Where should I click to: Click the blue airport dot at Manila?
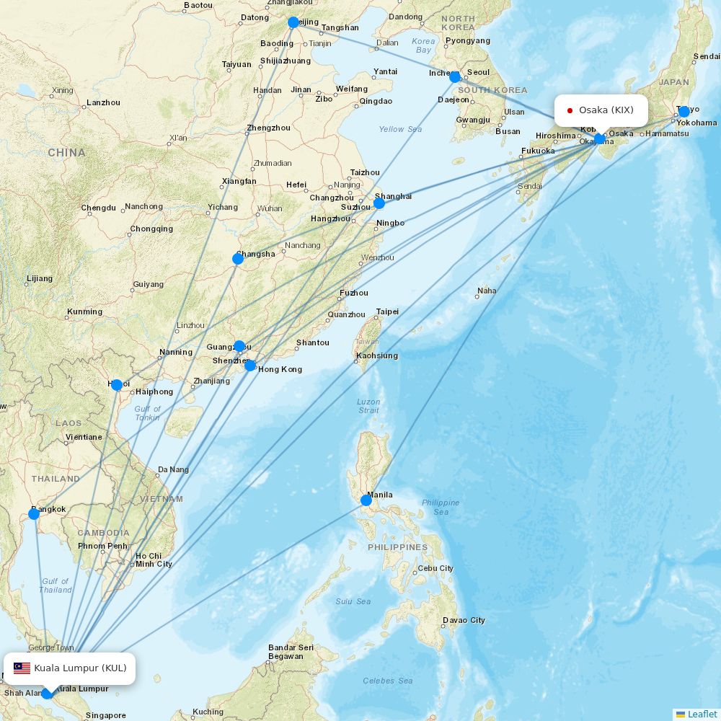pos(366,500)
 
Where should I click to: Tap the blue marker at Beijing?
pos(293,22)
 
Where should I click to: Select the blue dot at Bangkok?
pos(34,514)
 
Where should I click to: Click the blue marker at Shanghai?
pos(379,203)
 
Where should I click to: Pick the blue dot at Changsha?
pos(238,259)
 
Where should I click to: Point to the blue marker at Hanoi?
pos(117,385)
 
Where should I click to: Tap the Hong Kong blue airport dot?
pos(250,366)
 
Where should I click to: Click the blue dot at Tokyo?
pos(684,112)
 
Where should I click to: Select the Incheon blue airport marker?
pos(455,76)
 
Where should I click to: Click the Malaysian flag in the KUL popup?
pos(22,668)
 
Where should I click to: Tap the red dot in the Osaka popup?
pos(570,110)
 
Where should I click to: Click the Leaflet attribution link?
pos(702,714)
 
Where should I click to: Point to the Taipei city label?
pos(387,312)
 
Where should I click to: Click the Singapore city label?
pos(105,715)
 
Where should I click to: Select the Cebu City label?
pos(435,568)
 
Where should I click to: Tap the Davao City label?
pos(464,620)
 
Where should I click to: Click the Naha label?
pos(487,291)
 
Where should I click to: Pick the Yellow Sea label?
pos(400,129)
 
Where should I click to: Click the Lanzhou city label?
pos(103,103)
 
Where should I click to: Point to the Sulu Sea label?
pos(353,601)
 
